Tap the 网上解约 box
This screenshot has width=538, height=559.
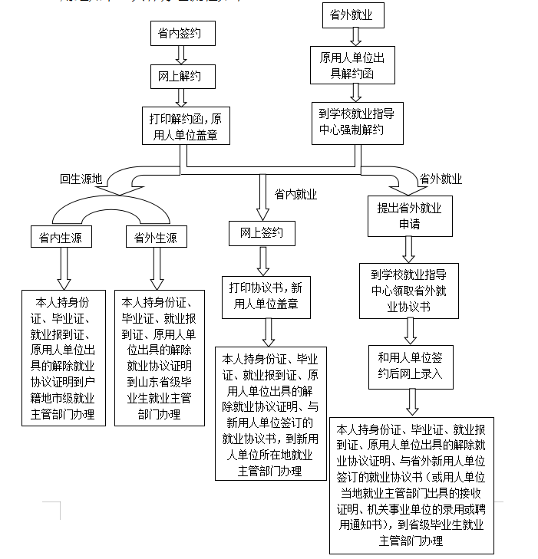coord(181,77)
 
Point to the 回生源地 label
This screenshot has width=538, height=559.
coord(81,179)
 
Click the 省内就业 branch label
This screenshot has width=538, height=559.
coord(295,194)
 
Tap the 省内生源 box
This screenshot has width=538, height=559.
coord(61,238)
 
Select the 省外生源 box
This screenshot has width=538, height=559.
coord(156,238)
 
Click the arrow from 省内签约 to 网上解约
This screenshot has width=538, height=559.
coord(181,55)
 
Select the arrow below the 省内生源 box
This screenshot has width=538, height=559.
coord(61,268)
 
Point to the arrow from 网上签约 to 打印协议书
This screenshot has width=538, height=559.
coord(262,260)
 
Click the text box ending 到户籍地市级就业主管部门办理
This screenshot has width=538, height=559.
coord(64,357)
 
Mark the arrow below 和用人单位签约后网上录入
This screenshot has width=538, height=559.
coord(411,401)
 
